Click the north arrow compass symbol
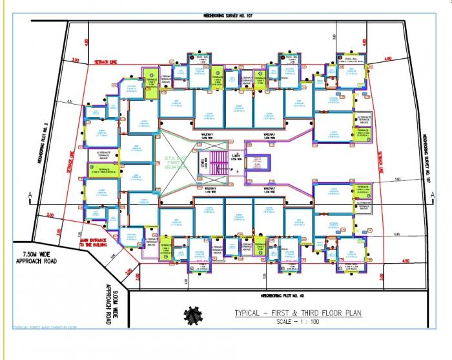pyautogui.click(x=193, y=315)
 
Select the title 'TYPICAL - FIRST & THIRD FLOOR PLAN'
pyautogui.click(x=298, y=313)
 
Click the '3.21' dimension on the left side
pyautogui.click(x=88, y=101)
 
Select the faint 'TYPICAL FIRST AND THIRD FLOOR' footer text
pyautogui.click(x=45, y=328)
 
